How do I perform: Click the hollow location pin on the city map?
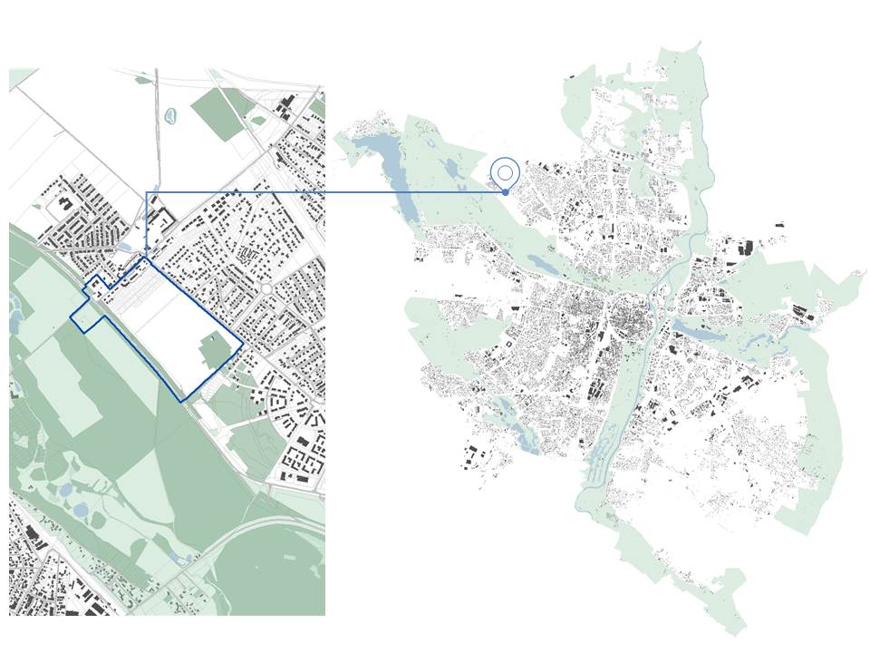tap(505, 171)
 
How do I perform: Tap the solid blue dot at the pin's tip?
tap(505, 192)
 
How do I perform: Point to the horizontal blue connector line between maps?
tap(326, 192)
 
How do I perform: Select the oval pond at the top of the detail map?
tap(170, 116)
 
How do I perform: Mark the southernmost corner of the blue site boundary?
tap(181, 400)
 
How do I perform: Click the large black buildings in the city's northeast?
tap(746, 247)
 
